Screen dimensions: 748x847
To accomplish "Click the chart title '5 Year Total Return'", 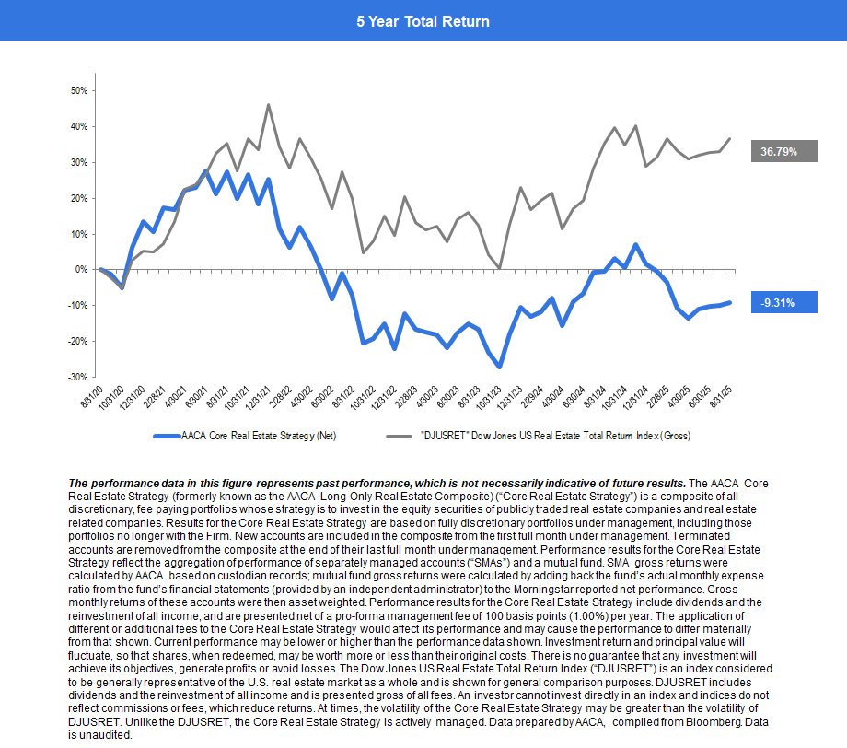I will pyautogui.click(x=423, y=20).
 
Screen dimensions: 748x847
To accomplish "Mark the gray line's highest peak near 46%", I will pyautogui.click(x=269, y=105).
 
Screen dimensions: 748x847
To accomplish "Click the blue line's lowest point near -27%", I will pyautogui.click(x=500, y=367).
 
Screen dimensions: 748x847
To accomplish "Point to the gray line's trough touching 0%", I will pyautogui.click(x=500, y=268).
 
